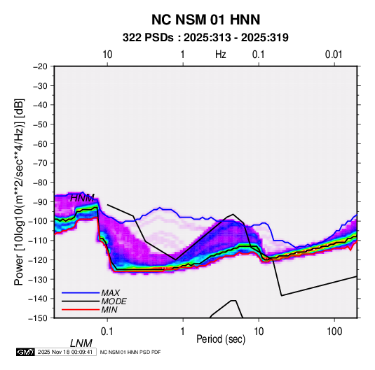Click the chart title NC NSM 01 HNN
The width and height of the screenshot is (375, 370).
coord(205,20)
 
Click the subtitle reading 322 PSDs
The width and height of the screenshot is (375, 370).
coord(148,38)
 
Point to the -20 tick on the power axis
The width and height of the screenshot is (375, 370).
coord(40,66)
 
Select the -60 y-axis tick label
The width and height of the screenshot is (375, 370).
coord(40,143)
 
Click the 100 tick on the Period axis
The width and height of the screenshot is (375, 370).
coord(334,332)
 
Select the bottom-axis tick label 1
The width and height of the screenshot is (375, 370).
coord(183,332)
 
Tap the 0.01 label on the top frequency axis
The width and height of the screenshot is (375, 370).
coord(334,55)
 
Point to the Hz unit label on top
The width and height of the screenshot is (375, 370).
coord(221,55)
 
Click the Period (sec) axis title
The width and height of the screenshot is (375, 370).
coord(221,339)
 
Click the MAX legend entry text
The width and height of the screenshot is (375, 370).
coord(110,293)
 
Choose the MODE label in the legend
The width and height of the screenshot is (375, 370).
coord(114,301)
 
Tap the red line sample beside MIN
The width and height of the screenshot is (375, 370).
coord(81,310)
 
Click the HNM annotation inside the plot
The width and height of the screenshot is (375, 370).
coord(82,198)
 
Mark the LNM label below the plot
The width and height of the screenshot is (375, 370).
coord(81,343)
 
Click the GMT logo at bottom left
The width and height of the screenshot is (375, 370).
coord(26,352)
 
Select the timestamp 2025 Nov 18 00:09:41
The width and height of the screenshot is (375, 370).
coord(65,352)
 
